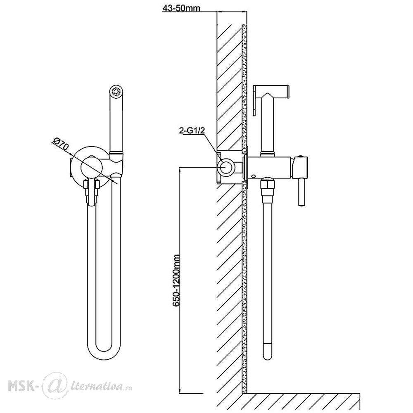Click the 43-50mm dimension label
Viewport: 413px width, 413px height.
pyautogui.click(x=181, y=8)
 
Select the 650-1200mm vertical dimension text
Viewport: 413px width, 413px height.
pyautogui.click(x=176, y=280)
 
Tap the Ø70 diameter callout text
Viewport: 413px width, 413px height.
pyautogui.click(x=62, y=146)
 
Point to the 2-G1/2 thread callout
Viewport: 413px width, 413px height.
pyautogui.click(x=192, y=131)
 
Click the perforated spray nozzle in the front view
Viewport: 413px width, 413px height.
pyautogui.click(x=116, y=92)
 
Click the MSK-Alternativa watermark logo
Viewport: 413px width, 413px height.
pyautogui.click(x=70, y=386)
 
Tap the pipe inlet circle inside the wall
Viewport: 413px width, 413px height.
pyautogui.click(x=226, y=167)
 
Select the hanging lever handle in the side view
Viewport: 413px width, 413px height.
pyautogui.click(x=301, y=192)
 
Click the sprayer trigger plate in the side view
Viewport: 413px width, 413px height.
pyautogui.click(x=255, y=100)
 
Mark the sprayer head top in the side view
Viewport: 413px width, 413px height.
pyautogui.click(x=271, y=90)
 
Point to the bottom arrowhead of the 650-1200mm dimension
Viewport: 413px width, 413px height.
pyautogui.click(x=180, y=390)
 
